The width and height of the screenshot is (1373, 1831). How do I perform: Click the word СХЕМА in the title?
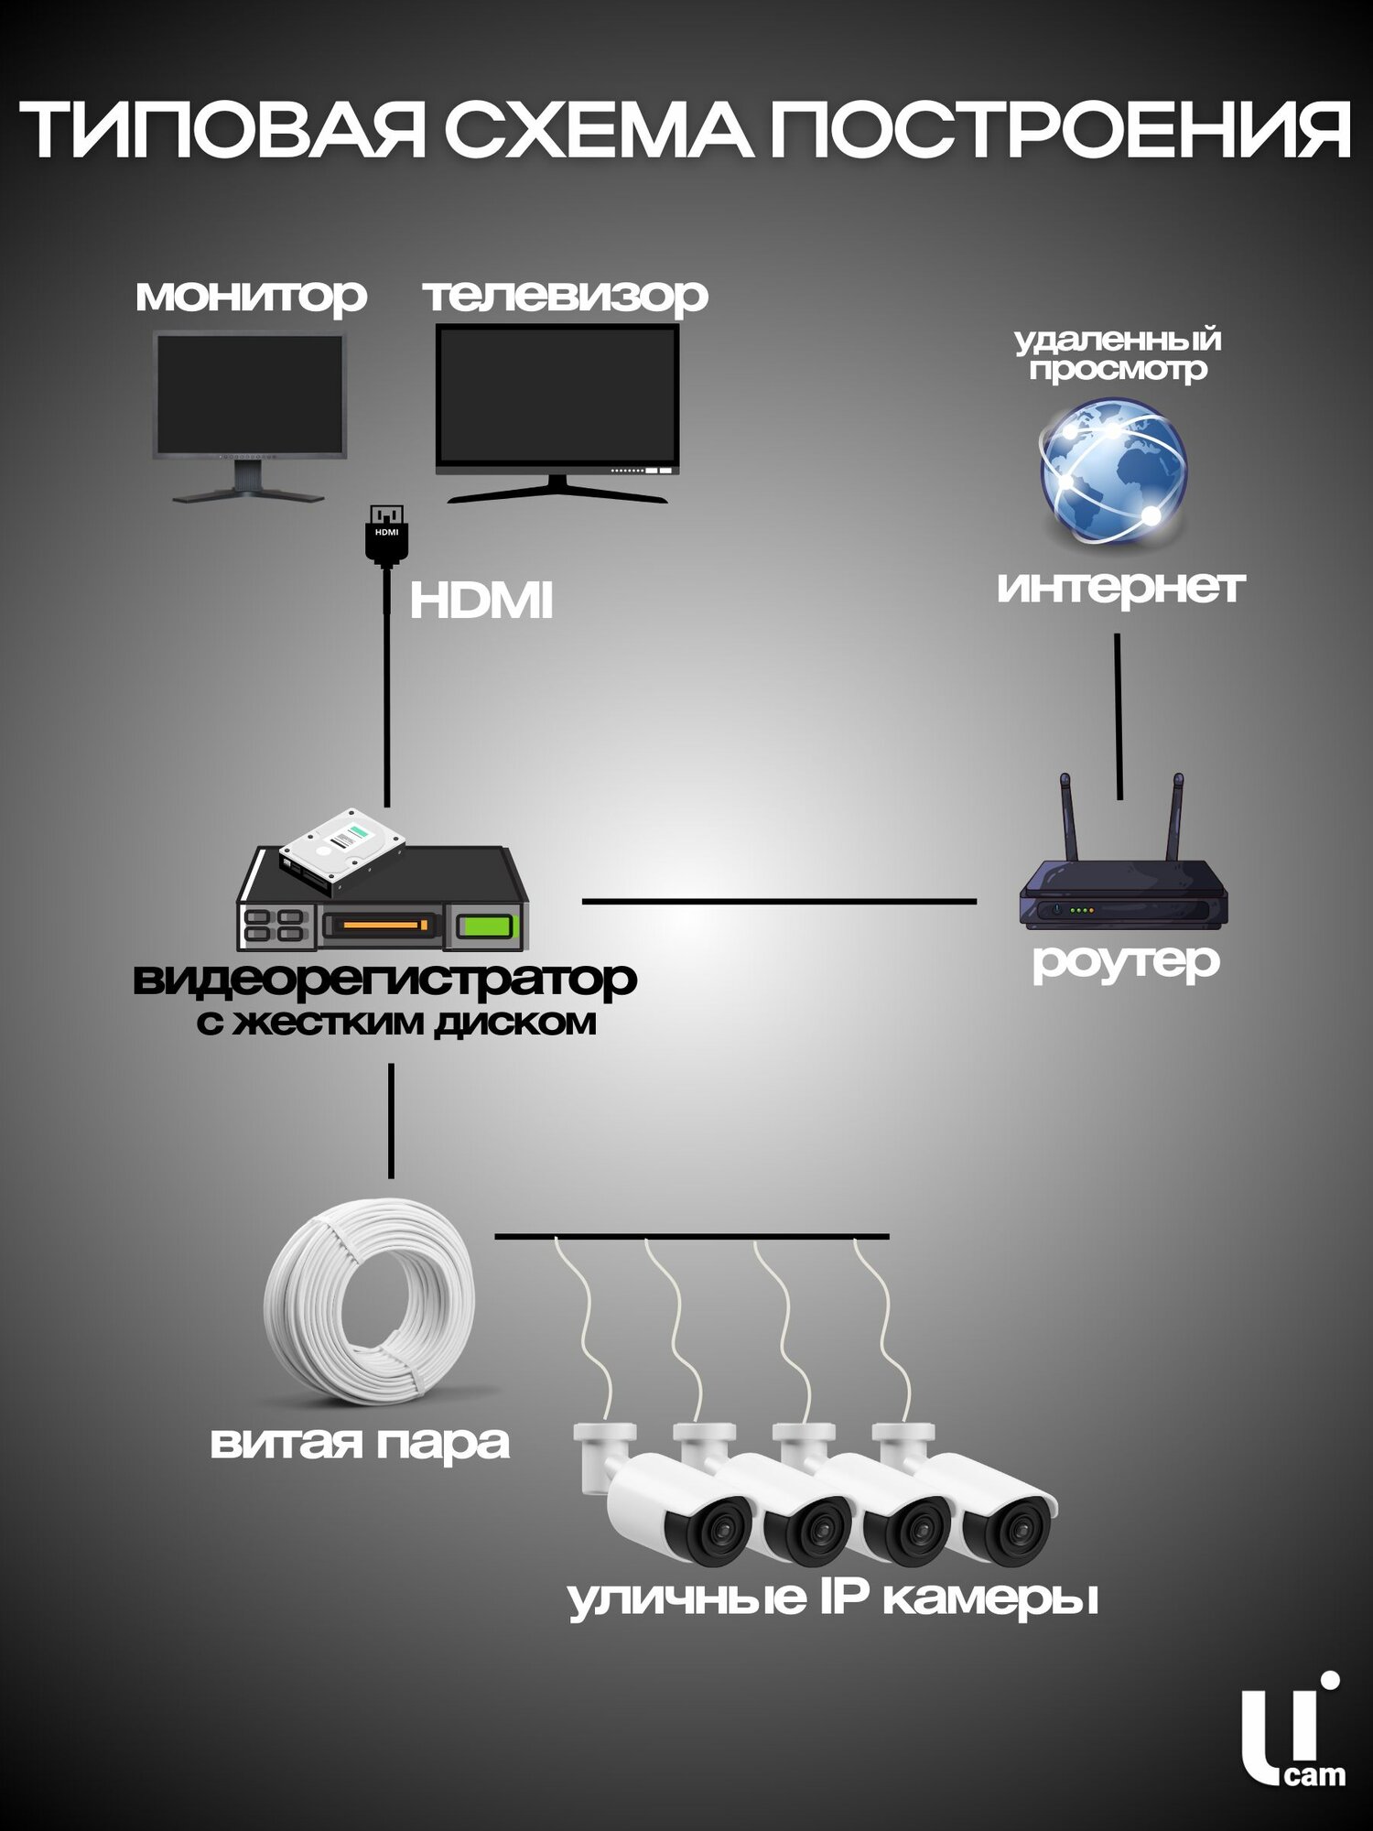click(600, 131)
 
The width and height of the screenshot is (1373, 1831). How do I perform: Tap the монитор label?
click(251, 297)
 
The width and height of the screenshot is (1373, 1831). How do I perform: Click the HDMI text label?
click(481, 601)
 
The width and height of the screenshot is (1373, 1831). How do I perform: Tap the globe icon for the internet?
click(1113, 471)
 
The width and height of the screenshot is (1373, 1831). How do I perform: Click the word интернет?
click(1120, 587)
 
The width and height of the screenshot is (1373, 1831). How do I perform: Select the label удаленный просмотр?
click(1118, 354)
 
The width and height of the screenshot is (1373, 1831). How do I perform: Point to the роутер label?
click(1126, 961)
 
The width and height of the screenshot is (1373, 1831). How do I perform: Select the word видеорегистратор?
click(384, 979)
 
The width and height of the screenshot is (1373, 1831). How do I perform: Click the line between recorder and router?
click(778, 902)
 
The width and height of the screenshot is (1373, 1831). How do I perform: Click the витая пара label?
click(360, 1443)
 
